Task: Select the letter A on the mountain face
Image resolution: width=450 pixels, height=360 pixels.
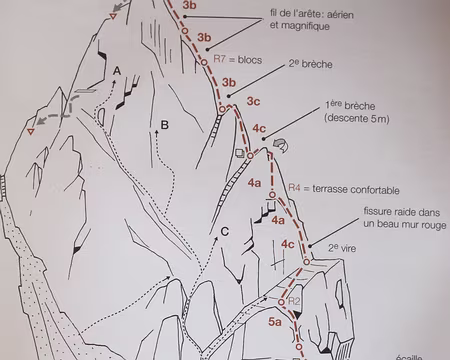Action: pyautogui.click(x=118, y=70)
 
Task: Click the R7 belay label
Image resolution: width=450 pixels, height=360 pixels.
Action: pyautogui.click(x=221, y=60)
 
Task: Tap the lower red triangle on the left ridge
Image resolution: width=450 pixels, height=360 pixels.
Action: pyautogui.click(x=32, y=130)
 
